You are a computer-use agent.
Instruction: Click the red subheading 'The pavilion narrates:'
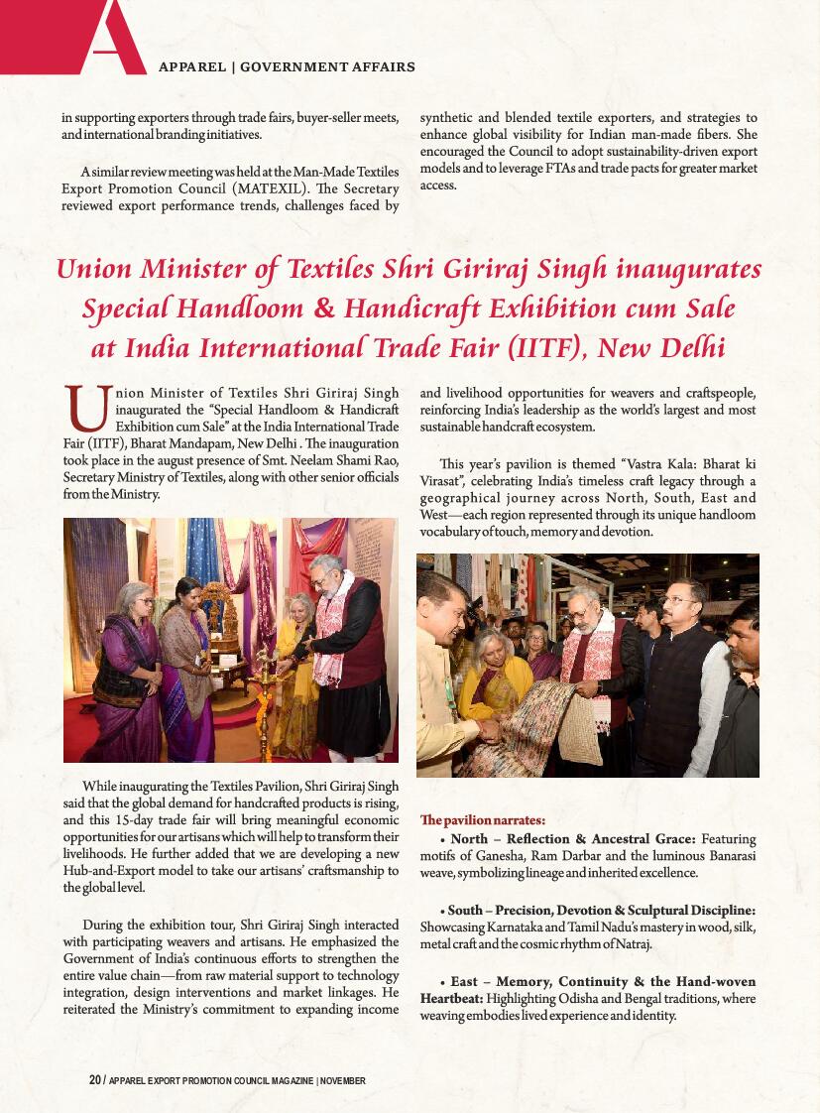[x=482, y=820]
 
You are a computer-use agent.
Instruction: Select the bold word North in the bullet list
[x=469, y=839]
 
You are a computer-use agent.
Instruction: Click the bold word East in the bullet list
[x=464, y=982]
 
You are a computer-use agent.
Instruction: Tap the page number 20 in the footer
[x=94, y=1080]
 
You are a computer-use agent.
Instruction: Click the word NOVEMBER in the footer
[x=343, y=1080]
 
